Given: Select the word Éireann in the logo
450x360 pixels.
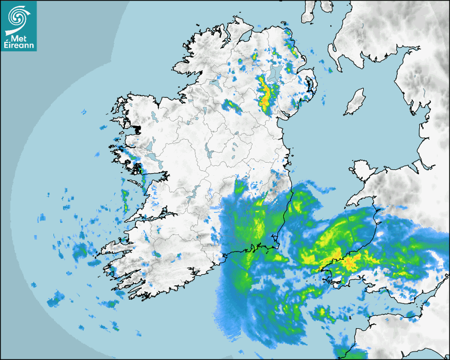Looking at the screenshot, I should (x=19, y=46).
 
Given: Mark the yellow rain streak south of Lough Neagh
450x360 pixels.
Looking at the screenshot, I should (x=264, y=95).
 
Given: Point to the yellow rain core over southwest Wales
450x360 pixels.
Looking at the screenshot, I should (x=349, y=262).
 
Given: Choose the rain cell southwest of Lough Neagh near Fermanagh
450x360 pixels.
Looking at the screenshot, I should (x=231, y=105).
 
